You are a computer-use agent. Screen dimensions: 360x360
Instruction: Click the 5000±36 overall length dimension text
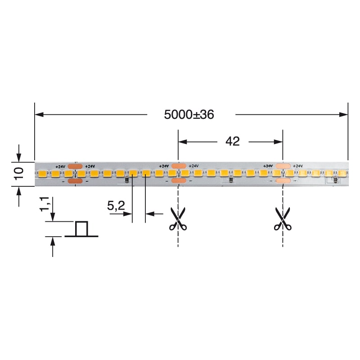(189, 115)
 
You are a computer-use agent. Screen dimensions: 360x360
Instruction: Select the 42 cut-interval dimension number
(232, 141)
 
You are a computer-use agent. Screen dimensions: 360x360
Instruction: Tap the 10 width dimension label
(18, 174)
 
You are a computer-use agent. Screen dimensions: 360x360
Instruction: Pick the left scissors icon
(178, 219)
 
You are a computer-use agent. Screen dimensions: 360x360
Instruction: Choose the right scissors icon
(283, 219)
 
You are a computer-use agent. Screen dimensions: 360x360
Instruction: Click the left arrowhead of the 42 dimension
(182, 141)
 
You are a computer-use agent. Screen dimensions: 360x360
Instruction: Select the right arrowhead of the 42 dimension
(279, 141)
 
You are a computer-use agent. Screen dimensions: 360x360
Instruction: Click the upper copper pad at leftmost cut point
(75, 166)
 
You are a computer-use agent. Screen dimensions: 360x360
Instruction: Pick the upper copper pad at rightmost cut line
(283, 166)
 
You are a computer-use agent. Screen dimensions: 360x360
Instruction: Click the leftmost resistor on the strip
(127, 181)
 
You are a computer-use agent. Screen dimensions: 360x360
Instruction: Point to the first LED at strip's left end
(43, 173)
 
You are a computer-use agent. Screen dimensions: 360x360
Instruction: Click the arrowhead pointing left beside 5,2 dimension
(149, 214)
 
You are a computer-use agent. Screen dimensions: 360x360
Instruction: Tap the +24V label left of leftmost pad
(61, 166)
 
